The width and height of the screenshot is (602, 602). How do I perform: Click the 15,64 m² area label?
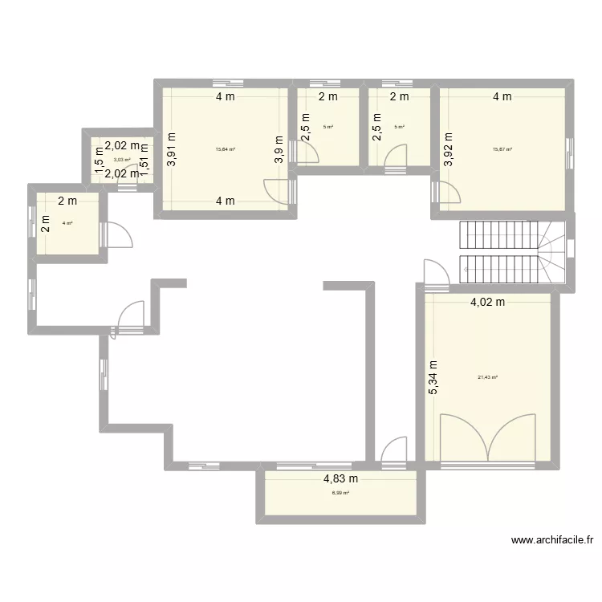pyautogui.click(x=225, y=149)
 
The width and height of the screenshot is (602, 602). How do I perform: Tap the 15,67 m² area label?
pyautogui.click(x=502, y=149)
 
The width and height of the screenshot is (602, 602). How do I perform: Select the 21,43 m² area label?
pyautogui.click(x=487, y=377)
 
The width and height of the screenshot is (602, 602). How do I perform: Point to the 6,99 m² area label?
pyautogui.click(x=340, y=493)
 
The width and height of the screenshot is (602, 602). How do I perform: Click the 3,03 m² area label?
pyautogui.click(x=121, y=160)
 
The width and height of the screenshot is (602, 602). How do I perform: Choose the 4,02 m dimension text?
pyautogui.click(x=487, y=303)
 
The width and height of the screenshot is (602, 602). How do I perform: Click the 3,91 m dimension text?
pyautogui.click(x=171, y=149)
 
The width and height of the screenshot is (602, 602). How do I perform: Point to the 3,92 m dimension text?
pyautogui.click(x=448, y=149)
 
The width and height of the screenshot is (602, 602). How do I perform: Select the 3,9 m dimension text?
pyautogui.click(x=279, y=149)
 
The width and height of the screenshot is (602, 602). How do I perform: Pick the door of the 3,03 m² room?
pyautogui.click(x=127, y=186)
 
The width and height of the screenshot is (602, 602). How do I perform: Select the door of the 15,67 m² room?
pyautogui.click(x=443, y=193)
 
